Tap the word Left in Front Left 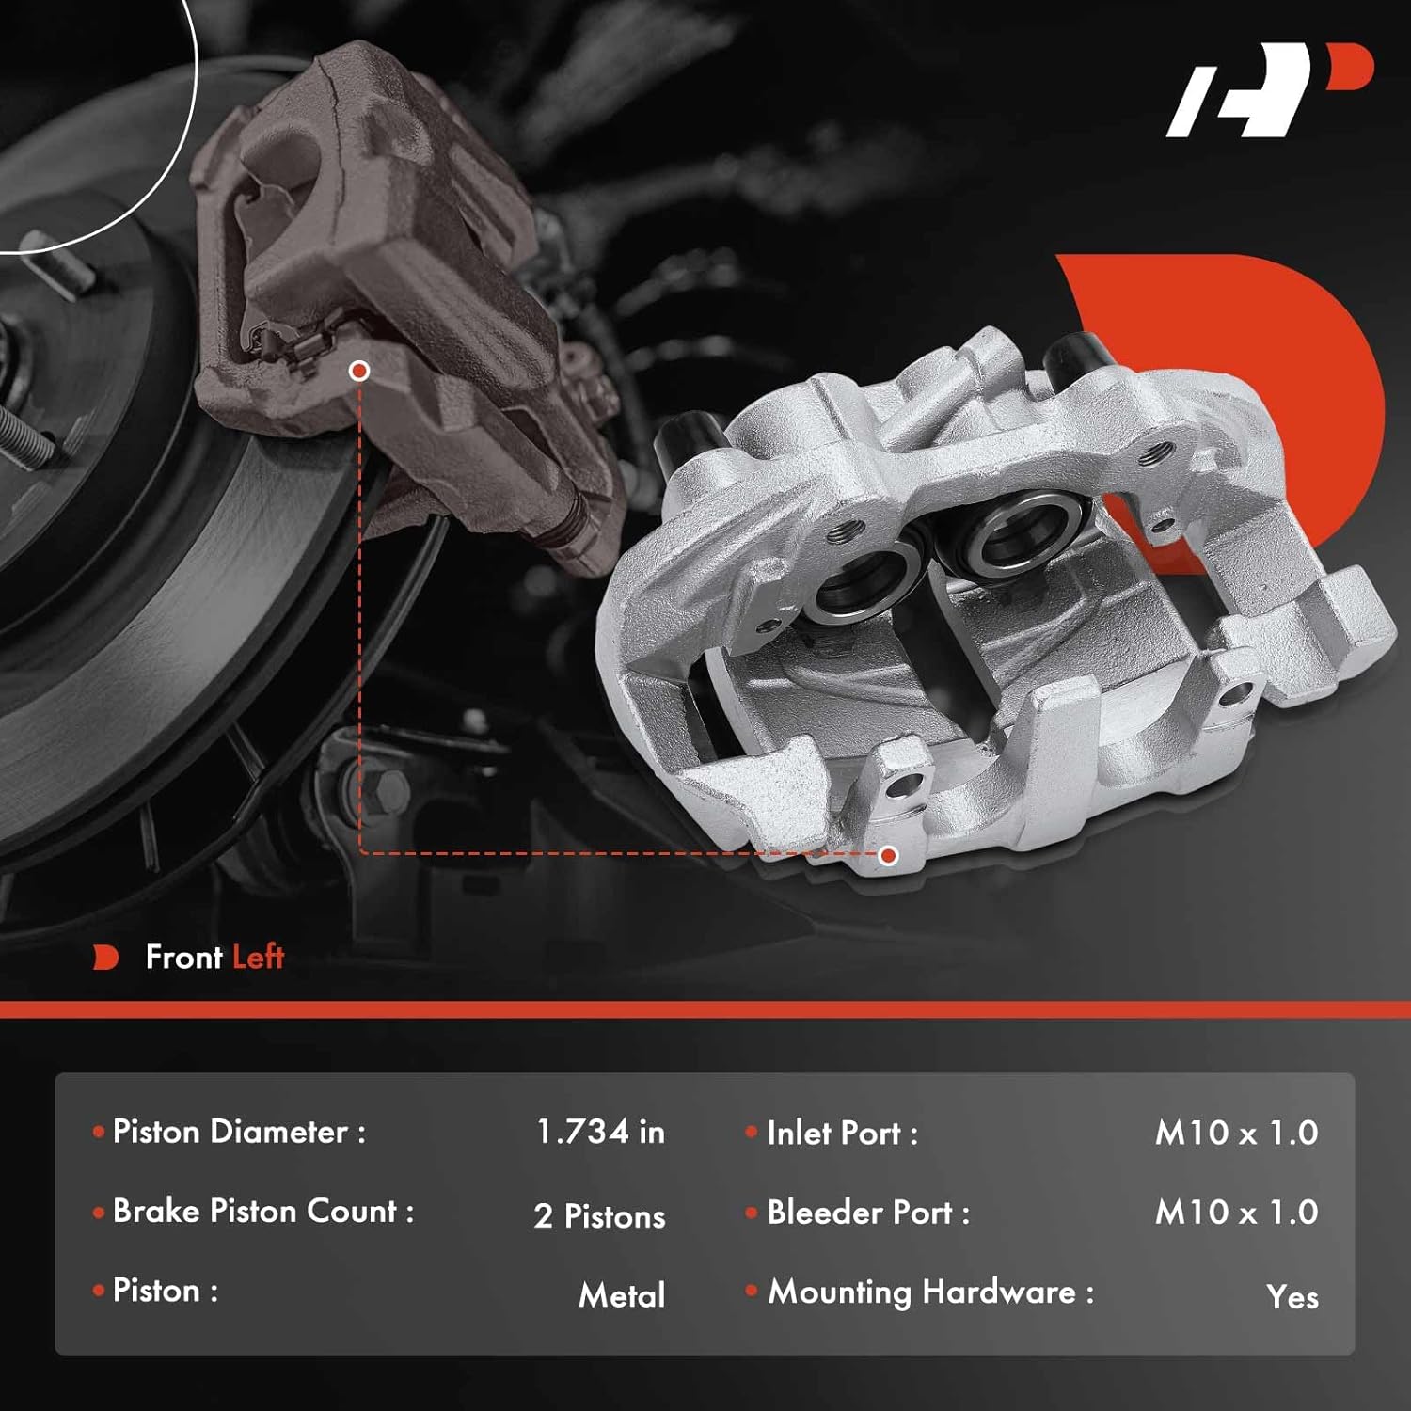258,958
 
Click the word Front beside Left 184,958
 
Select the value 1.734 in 600,1132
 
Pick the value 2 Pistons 599,1215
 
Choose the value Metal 622,1295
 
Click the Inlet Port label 842,1134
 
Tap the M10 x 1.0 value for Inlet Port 1236,1133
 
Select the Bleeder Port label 867,1213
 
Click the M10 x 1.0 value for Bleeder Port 1236,1213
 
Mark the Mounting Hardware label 930,1293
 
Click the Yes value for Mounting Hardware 1292,1297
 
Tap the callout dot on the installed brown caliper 358,372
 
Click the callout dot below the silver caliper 888,855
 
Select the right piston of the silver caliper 1019,534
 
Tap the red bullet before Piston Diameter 99,1132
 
